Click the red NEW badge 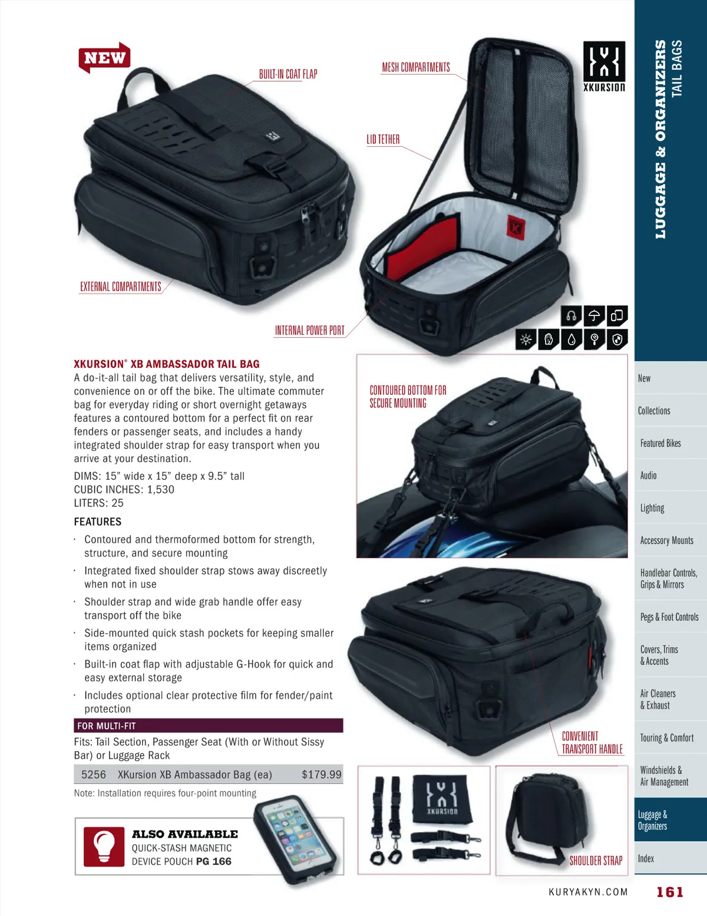[x=104, y=57]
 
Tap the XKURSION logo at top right [x=604, y=67]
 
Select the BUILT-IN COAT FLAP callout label [x=288, y=74]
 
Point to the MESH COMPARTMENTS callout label [x=416, y=67]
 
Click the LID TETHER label [x=383, y=140]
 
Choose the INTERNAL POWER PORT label [x=310, y=331]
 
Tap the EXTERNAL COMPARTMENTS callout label [x=121, y=286]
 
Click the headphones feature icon [x=571, y=315]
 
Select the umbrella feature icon [x=594, y=315]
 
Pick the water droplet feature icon [x=571, y=339]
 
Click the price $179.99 [x=322, y=775]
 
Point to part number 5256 [x=94, y=775]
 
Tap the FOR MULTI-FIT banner [x=209, y=726]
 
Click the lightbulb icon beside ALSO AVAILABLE [x=104, y=846]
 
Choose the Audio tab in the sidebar [x=648, y=476]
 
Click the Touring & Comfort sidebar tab [x=666, y=737]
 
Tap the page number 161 [x=670, y=892]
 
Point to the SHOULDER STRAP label [x=596, y=861]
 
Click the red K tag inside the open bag [x=516, y=227]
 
